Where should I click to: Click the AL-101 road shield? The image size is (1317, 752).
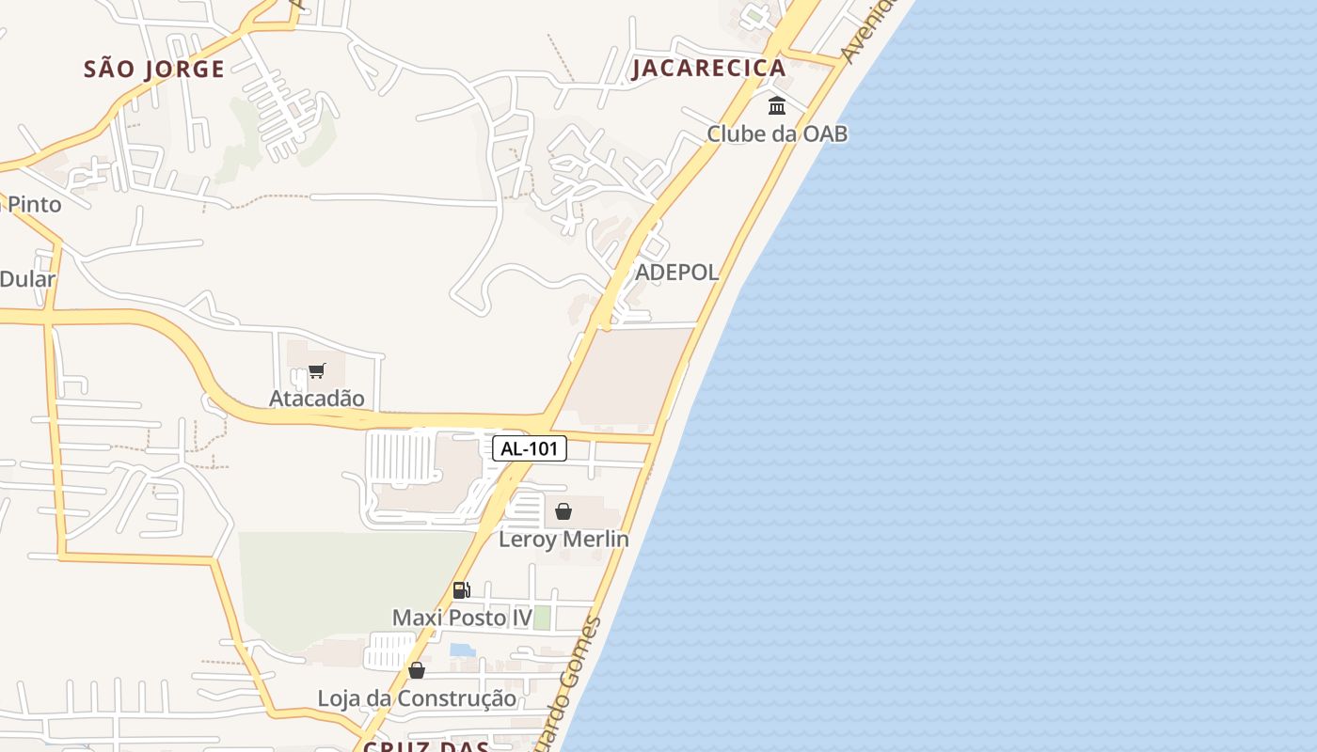coord(530,448)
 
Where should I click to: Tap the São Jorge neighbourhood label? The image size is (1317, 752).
coord(154,69)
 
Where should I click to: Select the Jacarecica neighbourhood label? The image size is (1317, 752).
coord(708,68)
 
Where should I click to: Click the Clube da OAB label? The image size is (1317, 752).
coord(777,133)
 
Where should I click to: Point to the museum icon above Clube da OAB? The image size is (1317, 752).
coord(777,105)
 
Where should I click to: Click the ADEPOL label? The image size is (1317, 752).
coord(677,273)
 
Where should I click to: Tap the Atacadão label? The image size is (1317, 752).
coord(316,398)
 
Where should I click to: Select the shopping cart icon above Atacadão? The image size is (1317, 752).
coord(316,371)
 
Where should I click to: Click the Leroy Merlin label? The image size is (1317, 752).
coord(563,540)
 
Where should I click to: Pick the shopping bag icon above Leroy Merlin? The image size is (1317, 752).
coord(563,511)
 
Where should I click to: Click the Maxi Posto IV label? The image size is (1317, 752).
coord(462,618)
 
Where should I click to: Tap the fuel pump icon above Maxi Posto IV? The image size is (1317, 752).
coord(461,590)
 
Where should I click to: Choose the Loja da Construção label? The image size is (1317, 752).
coord(417,698)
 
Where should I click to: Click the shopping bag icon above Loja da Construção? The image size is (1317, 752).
coord(417,670)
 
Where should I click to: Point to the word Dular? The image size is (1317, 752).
coord(27,279)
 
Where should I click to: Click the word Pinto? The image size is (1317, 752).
coord(35,204)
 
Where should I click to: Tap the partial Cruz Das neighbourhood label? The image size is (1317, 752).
coord(425,746)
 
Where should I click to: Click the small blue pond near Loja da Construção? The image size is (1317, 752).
coord(463,650)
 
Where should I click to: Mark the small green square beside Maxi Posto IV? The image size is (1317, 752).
coord(542,618)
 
